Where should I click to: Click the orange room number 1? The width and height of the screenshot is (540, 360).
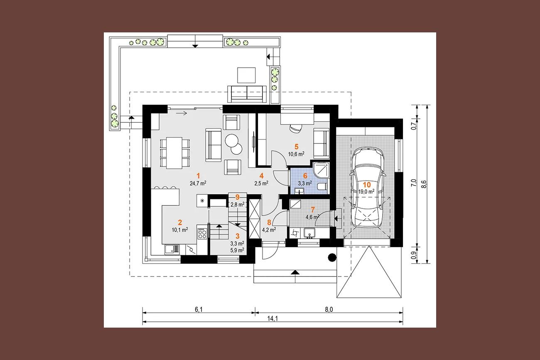tap(198, 176)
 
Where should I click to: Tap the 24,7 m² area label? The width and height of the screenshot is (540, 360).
tap(198, 184)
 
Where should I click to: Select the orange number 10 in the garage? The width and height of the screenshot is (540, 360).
tap(367, 185)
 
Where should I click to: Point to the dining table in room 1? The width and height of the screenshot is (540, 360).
tap(174, 153)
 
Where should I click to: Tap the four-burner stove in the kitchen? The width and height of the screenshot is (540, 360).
tap(202, 233)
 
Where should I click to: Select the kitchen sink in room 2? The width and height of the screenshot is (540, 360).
tap(172, 249)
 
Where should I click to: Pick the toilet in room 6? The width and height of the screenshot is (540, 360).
tap(323, 187)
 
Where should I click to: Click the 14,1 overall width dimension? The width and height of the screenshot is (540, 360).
tap(272, 318)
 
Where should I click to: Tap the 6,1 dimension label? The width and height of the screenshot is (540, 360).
tap(199, 309)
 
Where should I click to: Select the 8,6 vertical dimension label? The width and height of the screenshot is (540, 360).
tap(424, 184)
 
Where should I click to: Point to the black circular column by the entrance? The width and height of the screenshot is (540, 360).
tap(332, 257)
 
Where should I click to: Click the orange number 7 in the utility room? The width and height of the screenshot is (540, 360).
tap(313, 210)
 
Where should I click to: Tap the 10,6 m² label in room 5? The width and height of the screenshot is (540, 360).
tap(296, 154)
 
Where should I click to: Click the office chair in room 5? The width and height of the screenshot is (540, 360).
tap(296, 128)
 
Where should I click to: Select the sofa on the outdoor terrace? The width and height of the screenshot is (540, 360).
tap(247, 93)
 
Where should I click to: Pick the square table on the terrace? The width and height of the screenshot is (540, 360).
tap(246, 75)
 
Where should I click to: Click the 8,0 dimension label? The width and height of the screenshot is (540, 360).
tap(329, 309)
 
